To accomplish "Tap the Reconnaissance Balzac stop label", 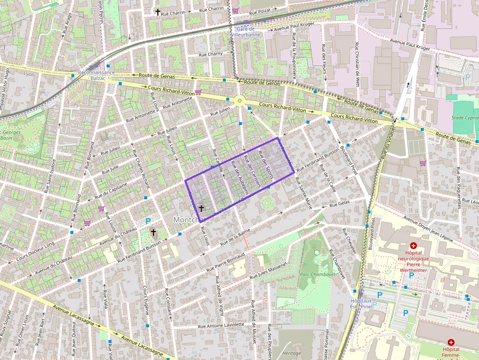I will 96,75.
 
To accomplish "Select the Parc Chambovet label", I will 314,275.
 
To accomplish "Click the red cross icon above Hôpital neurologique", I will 414,246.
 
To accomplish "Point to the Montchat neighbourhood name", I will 190,220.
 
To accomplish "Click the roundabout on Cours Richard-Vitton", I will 239,101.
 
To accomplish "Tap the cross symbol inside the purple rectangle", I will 200,208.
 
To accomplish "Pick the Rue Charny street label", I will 211,54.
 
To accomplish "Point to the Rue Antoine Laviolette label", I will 221,325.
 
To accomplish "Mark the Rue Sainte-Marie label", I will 303,193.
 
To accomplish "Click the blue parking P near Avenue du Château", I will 148,221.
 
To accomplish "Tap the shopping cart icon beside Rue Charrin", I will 236,10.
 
